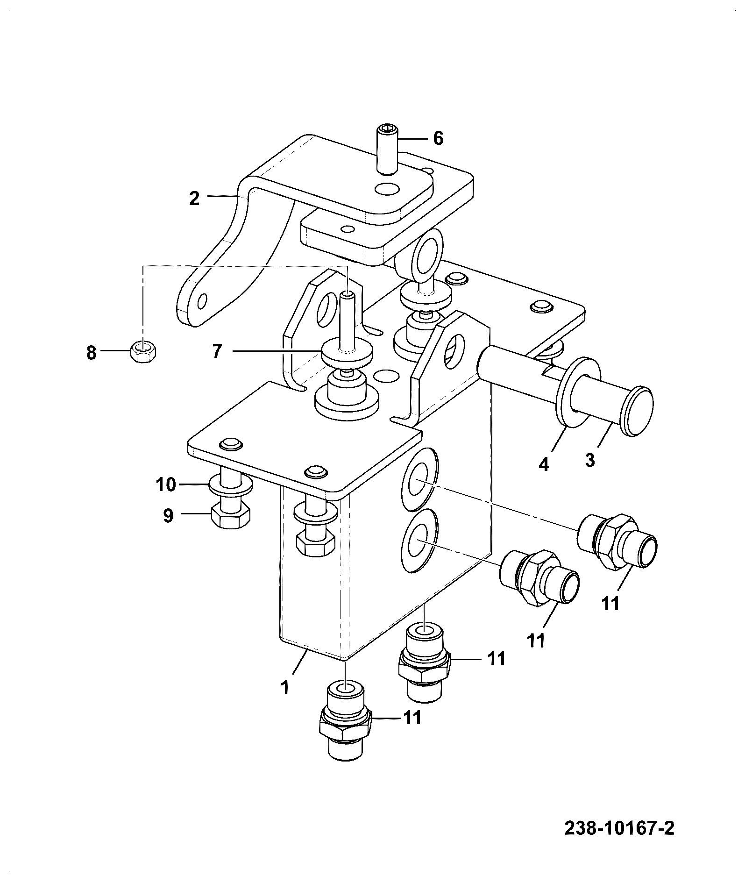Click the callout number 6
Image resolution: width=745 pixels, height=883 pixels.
(x=438, y=139)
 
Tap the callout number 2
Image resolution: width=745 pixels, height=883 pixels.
(x=194, y=199)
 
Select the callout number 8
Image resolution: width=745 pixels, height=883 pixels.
(x=92, y=353)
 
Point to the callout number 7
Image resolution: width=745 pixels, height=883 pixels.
(x=217, y=351)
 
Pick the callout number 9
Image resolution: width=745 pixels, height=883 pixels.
(x=168, y=515)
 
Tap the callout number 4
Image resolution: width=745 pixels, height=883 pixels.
(x=544, y=464)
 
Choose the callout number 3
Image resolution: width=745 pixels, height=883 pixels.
(x=590, y=460)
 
